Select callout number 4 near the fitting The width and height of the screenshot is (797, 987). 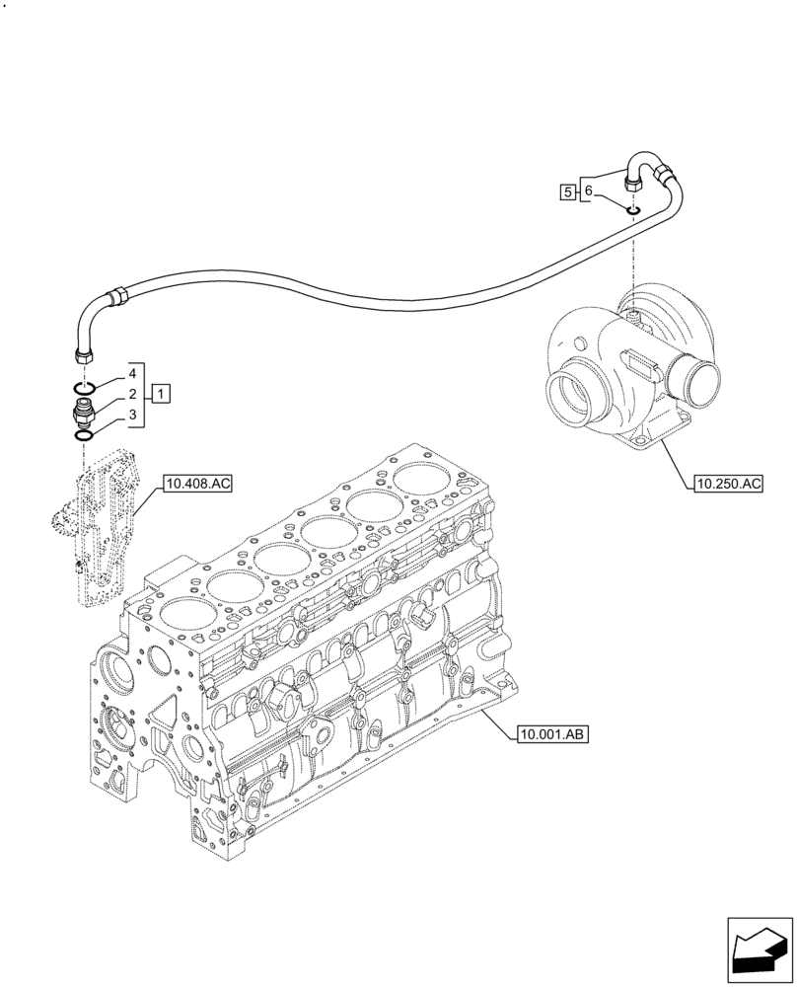click(x=130, y=376)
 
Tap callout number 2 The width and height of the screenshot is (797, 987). click(x=130, y=395)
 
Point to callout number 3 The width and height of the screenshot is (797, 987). click(x=130, y=415)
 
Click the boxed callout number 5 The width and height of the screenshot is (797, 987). click(x=567, y=190)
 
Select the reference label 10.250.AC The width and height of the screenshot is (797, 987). click(x=728, y=484)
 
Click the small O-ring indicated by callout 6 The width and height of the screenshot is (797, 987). click(x=632, y=208)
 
